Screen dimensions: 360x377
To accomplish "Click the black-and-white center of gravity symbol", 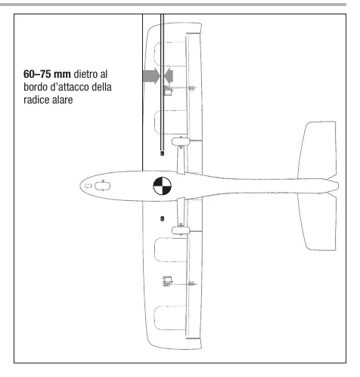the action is coord(162,186).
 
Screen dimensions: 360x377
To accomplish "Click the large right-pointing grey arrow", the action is coord(151,76).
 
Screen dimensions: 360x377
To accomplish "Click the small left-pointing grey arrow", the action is coord(169,76).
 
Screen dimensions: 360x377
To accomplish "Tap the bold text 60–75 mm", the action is coord(47,74).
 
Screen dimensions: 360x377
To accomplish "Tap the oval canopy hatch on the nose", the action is coord(102,186).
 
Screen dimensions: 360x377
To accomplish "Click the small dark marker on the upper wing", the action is coord(162,153).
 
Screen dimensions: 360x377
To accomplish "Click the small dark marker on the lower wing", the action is coord(162,218).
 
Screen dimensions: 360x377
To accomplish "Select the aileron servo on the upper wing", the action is coord(168,91).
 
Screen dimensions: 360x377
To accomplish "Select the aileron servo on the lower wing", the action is coord(168,281).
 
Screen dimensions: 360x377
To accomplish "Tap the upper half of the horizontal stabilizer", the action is coord(318,150).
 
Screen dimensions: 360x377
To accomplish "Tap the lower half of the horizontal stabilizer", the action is coord(318,222).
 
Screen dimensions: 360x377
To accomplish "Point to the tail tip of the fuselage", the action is coord(338,186).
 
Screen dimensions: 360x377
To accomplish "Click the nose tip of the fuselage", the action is coord(80,186).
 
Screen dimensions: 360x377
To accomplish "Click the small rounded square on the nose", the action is coord(88,186).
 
